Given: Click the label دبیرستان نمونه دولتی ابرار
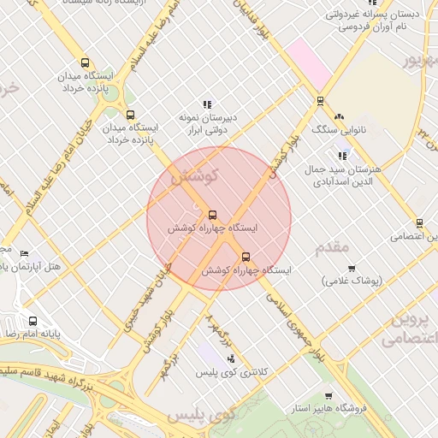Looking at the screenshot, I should pos(206,125).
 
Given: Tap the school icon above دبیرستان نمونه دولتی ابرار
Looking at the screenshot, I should pos(207,104).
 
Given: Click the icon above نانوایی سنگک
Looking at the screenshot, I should pos(339,115).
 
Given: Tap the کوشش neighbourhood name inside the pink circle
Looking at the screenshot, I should pos(196,175).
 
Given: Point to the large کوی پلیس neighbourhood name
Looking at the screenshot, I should pos(201,416).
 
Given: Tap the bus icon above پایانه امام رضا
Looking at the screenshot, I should pos(33,322).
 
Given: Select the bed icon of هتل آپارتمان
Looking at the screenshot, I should pos(24,253).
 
